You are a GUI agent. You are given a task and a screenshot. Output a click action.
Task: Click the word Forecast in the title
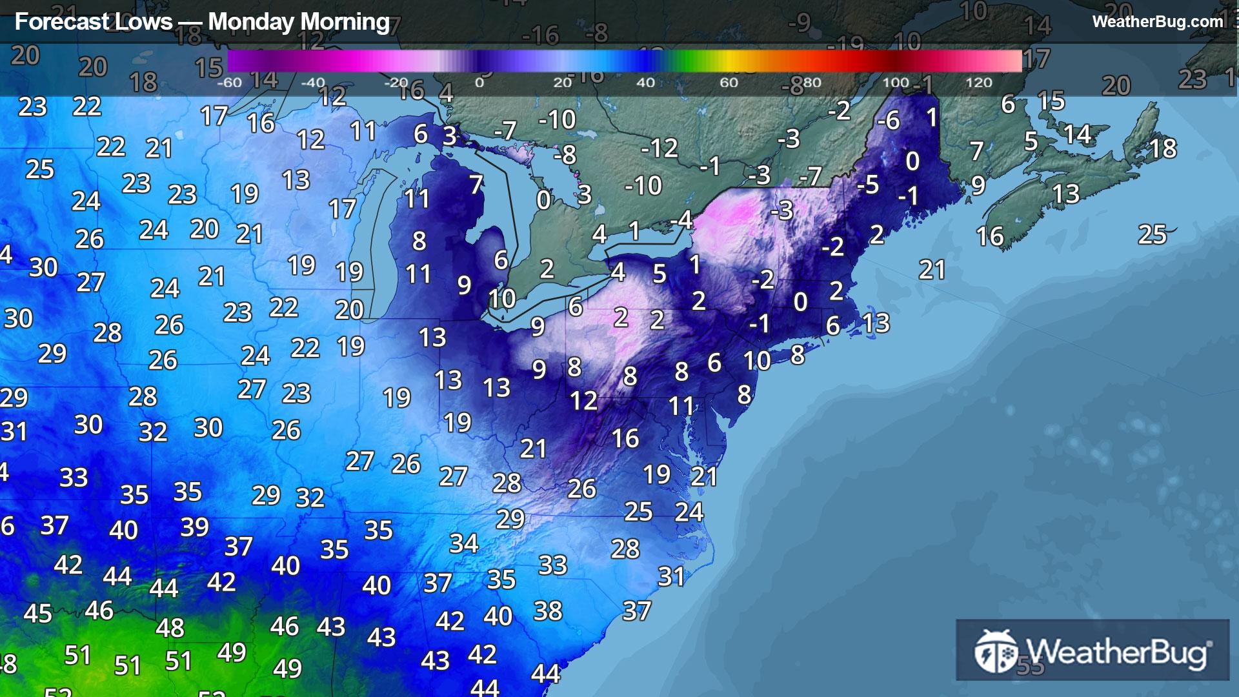(x=54, y=22)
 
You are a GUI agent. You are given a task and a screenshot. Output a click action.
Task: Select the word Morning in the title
(x=345, y=22)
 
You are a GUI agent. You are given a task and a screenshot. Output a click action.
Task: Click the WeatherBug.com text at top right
(x=1157, y=21)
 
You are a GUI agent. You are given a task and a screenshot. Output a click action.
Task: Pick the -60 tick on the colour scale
(x=229, y=83)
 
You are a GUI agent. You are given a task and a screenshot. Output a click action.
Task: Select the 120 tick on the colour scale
(x=978, y=83)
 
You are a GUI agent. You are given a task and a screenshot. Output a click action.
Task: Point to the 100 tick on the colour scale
(x=896, y=83)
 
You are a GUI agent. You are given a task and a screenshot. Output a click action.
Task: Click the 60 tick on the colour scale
(x=729, y=83)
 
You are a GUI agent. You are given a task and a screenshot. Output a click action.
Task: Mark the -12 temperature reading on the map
(x=659, y=148)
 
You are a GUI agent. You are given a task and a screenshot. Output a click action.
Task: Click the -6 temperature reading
(x=888, y=120)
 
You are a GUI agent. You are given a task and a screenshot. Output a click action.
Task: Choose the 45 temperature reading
(x=37, y=613)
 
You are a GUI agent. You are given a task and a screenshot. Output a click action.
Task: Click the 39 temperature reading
(x=194, y=527)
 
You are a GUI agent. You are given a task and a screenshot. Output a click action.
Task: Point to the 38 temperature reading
(x=548, y=611)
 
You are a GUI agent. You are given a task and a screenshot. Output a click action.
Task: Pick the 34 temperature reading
(x=463, y=543)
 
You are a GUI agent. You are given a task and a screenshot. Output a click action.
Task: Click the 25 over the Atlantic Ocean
(x=1153, y=234)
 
